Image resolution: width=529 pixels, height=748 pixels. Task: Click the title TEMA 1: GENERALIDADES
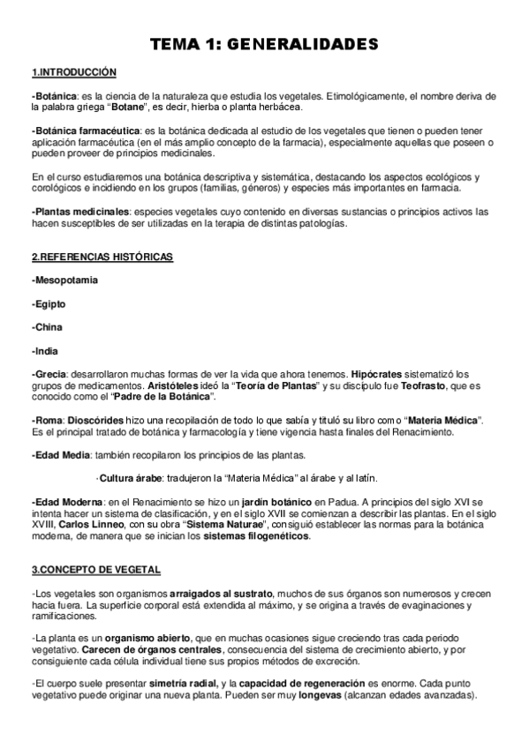264,43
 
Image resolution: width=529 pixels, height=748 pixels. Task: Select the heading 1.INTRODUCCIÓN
73,71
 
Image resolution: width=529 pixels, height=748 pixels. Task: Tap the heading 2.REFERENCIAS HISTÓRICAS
102,257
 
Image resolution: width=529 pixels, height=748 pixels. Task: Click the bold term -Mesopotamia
64,280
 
